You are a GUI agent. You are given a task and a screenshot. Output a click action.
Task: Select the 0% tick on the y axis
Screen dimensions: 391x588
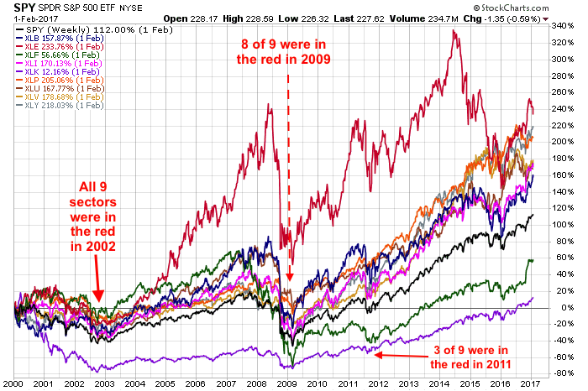559,308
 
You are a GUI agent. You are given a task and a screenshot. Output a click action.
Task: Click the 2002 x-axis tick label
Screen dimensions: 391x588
82,383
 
